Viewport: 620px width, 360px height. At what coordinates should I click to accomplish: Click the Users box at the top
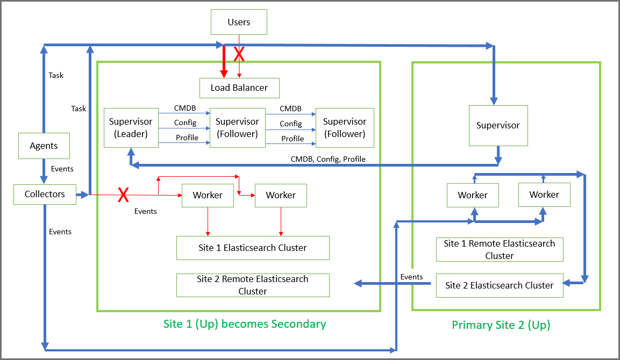239,22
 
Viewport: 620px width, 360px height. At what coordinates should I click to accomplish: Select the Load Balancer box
239,88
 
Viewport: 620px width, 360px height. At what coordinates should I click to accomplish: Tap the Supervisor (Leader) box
131,128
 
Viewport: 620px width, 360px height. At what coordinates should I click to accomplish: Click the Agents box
44,146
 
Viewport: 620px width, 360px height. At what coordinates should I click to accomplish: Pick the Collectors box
45,195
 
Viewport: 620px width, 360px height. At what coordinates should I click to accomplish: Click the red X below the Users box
239,54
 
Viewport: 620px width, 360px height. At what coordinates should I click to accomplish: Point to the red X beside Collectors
124,195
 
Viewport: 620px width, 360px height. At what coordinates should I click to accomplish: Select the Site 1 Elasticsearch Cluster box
253,248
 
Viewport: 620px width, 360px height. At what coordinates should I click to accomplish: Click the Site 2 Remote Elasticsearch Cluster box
253,285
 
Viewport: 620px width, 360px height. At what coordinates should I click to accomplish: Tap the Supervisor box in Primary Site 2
498,125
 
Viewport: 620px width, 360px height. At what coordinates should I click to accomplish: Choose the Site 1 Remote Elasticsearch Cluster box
500,249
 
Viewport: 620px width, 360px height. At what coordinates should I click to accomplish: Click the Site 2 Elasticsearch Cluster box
499,285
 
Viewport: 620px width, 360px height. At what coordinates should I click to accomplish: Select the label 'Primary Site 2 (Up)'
501,325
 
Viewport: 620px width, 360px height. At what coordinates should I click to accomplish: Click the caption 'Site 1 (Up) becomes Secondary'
245,324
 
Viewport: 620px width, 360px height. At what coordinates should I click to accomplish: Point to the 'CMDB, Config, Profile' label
328,159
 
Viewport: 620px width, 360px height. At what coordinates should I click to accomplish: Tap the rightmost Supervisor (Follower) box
345,128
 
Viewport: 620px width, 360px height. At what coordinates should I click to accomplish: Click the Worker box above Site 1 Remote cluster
473,195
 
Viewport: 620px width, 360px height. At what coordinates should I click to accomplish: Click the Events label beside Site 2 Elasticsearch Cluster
412,277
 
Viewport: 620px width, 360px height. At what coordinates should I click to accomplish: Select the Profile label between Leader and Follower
187,138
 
